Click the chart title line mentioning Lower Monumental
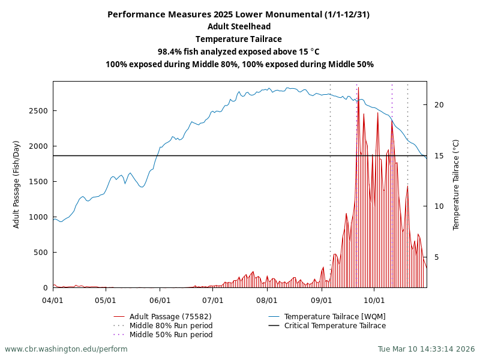(x=239, y=14)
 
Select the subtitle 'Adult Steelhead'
(x=239, y=26)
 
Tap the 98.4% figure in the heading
(x=170, y=52)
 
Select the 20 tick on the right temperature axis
(x=439, y=104)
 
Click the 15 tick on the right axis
(x=439, y=155)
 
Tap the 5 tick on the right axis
(x=437, y=257)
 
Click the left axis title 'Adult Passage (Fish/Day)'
(x=16, y=184)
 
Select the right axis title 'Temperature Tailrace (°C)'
(x=456, y=184)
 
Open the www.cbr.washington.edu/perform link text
(x=66, y=349)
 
